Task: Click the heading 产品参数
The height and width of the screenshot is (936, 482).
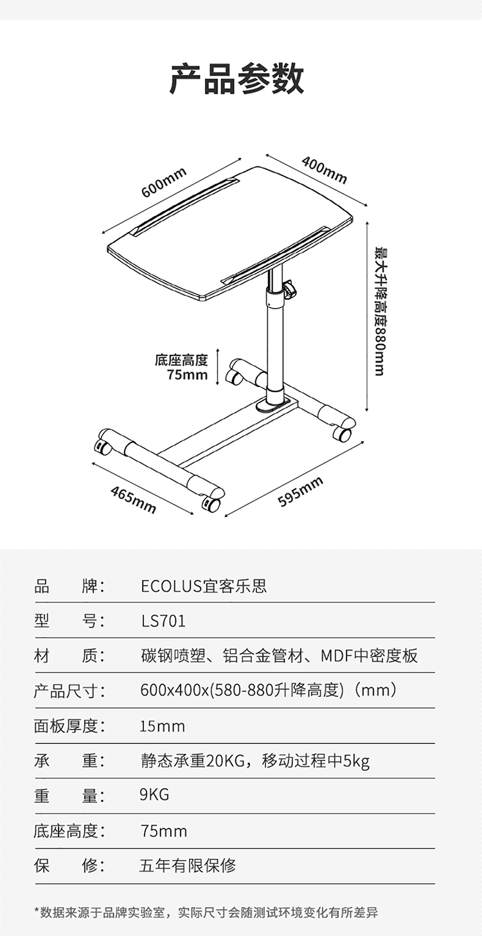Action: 237,78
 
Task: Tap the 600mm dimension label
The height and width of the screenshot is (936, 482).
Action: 164,183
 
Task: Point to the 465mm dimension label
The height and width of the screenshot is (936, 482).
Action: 133,500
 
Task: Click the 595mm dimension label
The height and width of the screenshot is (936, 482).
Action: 301,491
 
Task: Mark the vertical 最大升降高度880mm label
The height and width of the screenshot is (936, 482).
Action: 380,312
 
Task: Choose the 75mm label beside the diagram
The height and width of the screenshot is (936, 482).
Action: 187,375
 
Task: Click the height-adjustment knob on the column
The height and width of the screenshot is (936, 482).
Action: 290,289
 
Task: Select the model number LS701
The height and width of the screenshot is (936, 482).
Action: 163,621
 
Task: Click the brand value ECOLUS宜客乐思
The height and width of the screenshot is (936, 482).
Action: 204,586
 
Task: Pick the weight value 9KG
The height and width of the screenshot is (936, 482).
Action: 154,795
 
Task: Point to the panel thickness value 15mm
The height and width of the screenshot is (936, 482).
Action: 162,726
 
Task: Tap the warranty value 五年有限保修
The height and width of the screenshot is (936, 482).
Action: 188,865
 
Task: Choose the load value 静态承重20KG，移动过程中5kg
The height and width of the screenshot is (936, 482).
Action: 254,761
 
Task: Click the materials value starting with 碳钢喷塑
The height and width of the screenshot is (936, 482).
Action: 279,656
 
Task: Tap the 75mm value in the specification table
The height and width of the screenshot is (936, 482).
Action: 163,831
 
